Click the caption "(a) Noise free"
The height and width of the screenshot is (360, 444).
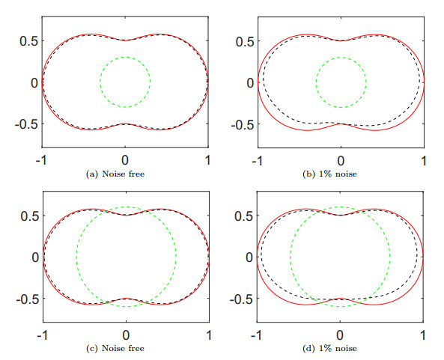click(125, 174)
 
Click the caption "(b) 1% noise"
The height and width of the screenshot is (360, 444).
click(341, 174)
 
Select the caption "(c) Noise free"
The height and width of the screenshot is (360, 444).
click(125, 349)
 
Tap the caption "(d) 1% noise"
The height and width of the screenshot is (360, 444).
click(341, 349)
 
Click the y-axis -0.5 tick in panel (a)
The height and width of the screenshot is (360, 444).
click(23, 123)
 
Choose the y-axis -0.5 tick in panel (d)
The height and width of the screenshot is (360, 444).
click(239, 299)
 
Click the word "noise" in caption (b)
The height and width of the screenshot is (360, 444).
click(353, 174)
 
